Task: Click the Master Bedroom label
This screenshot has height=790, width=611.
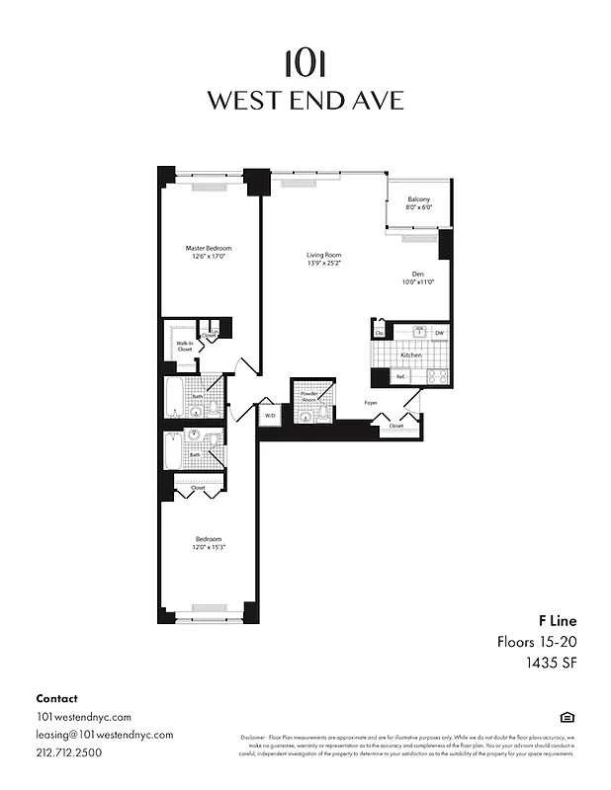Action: pyautogui.click(x=209, y=248)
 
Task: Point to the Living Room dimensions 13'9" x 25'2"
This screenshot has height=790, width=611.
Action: pyautogui.click(x=323, y=264)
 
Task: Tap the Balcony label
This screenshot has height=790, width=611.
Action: pyautogui.click(x=418, y=199)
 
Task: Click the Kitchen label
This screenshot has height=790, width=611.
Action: pyautogui.click(x=411, y=355)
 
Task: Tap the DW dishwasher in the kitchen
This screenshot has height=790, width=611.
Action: pyautogui.click(x=439, y=334)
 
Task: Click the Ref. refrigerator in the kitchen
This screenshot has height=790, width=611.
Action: pyautogui.click(x=400, y=376)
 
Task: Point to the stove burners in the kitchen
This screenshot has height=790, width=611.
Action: pyautogui.click(x=436, y=376)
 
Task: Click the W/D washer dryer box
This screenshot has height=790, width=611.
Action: pyautogui.click(x=269, y=416)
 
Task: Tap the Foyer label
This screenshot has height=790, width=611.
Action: pyautogui.click(x=371, y=403)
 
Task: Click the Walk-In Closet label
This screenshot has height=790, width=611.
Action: pyautogui.click(x=185, y=346)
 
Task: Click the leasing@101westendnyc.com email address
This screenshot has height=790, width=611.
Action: pyautogui.click(x=104, y=734)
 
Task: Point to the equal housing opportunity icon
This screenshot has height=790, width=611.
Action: pyautogui.click(x=567, y=716)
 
